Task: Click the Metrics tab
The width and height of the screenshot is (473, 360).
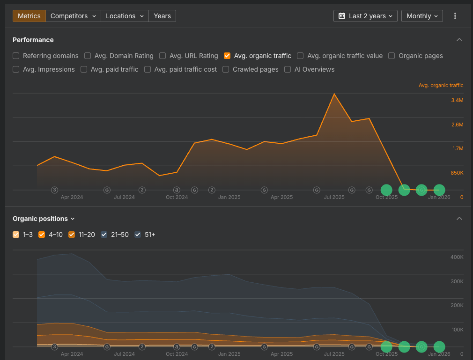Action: point(29,16)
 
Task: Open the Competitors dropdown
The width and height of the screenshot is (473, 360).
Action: point(73,16)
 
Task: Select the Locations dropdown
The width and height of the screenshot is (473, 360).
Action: point(125,16)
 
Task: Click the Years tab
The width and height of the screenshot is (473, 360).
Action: point(163,16)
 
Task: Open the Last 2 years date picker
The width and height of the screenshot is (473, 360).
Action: point(365,16)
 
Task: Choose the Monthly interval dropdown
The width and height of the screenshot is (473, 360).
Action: point(422,16)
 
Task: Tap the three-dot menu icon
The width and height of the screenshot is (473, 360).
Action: point(455,16)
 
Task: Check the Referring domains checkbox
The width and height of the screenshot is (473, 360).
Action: point(16,56)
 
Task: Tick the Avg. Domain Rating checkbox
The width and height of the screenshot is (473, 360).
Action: point(88,56)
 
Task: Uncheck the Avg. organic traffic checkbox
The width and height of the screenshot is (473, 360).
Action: point(227,56)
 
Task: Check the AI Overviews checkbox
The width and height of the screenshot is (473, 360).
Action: point(288,69)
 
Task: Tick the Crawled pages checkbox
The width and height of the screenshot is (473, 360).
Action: point(226,69)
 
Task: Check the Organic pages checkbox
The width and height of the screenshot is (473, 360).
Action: point(392,56)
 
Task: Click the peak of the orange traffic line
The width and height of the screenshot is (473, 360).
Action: point(334,94)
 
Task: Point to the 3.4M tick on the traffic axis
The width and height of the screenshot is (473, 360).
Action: point(458,100)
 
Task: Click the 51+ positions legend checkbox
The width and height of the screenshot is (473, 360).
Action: point(138,235)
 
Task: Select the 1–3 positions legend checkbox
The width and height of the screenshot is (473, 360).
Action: point(16,235)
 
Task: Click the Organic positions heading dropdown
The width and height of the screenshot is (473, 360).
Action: point(44,219)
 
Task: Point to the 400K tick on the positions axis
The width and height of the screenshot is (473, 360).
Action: point(457,257)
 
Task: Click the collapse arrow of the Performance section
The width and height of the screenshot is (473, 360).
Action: point(459,40)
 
